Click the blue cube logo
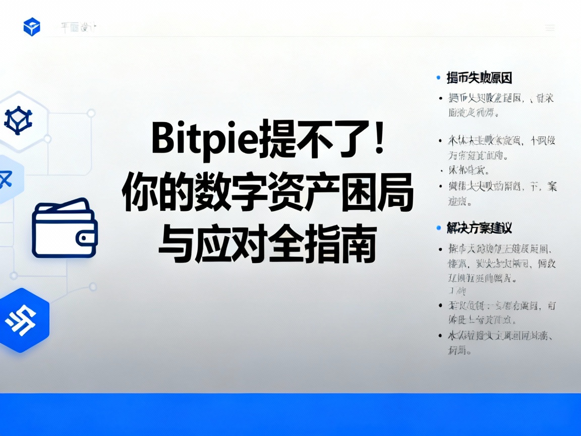[x=32, y=27]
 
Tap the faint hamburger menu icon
[x=550, y=28]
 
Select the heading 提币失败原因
[x=479, y=78]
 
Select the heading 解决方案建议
[x=479, y=228]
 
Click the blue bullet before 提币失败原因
[x=438, y=78]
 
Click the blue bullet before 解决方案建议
[x=438, y=228]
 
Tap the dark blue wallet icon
[x=65, y=228]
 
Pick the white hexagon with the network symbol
[x=19, y=121]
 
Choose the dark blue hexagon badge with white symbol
[x=22, y=320]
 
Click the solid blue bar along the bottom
[x=290, y=414]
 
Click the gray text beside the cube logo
[x=78, y=28]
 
